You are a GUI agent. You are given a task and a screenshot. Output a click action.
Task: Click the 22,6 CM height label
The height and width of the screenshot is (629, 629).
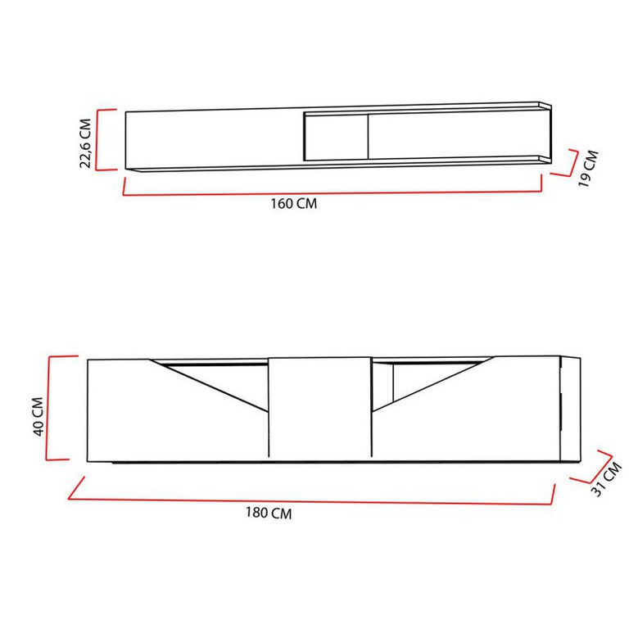pos(86,143)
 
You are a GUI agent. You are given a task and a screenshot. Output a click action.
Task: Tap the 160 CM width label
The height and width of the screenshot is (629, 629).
pos(294,203)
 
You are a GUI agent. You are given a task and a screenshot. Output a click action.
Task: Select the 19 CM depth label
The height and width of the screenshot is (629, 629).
pos(588,169)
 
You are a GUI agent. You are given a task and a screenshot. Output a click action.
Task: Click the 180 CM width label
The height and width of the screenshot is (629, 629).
pos(269,513)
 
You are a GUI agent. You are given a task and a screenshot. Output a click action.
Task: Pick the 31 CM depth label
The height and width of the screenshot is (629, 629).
pos(607,479)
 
